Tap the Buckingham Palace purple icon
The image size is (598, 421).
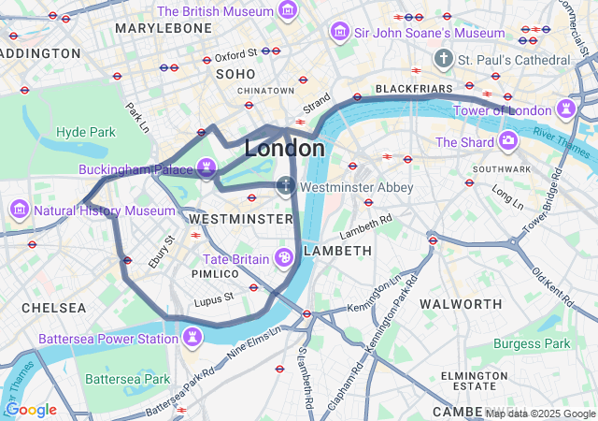click(206, 169)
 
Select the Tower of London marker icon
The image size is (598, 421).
click(566, 110)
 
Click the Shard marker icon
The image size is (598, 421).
click(508, 142)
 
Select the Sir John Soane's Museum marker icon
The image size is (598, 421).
click(340, 33)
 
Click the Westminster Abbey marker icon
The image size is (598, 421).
click(286, 187)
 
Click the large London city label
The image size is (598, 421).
click(285, 149)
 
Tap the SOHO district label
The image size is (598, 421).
click(235, 73)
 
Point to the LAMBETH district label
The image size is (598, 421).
click(338, 251)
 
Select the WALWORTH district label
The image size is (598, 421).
click(461, 304)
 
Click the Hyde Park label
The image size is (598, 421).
click(85, 132)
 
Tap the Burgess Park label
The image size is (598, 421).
click(532, 343)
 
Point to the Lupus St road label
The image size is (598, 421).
click(213, 301)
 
